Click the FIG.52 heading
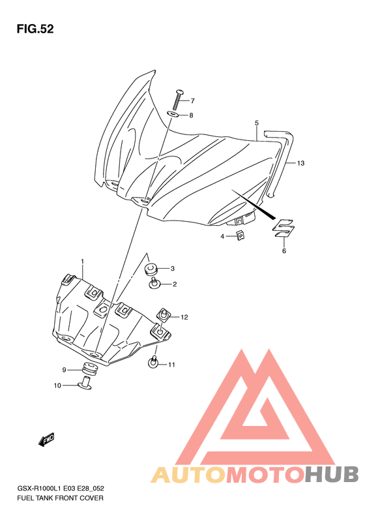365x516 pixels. [35, 29]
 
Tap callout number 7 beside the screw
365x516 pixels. [192, 100]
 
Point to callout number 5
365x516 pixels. [257, 123]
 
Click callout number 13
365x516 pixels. [300, 163]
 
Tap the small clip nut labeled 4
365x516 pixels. [241, 235]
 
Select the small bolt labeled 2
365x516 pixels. [154, 284]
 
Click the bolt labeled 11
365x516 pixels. [153, 362]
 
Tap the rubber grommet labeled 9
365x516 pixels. [89, 369]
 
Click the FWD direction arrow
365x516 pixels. [46, 439]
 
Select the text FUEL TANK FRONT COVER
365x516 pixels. [60, 498]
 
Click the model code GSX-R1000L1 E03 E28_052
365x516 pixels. [61, 489]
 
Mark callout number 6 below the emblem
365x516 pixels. [284, 250]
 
